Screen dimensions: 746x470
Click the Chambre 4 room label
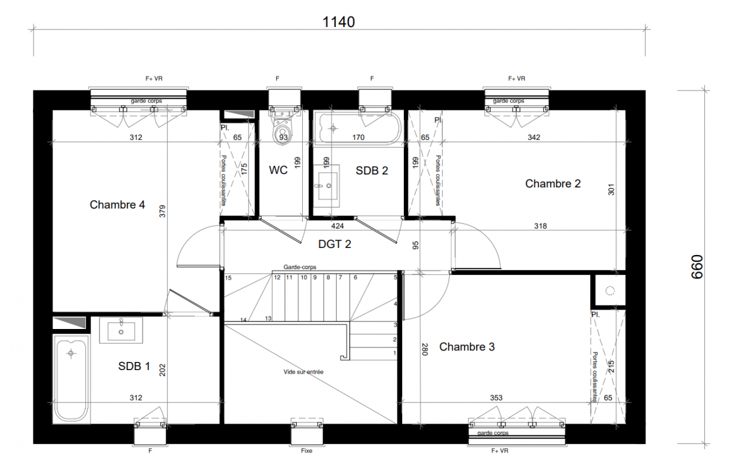[117, 204]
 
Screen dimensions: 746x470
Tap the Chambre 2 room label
[553, 184]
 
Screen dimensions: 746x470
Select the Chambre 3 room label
[467, 347]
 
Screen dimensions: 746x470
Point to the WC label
[278, 170]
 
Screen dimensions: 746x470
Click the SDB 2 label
[372, 171]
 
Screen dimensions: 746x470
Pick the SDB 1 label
[134, 366]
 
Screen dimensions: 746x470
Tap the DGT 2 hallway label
[334, 244]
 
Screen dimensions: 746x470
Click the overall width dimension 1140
[339, 22]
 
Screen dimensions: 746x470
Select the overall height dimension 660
[697, 267]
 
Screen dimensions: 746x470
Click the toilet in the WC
[282, 128]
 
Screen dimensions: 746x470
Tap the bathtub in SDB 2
[359, 129]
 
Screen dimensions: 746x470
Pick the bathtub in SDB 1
[71, 379]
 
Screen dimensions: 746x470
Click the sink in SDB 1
[121, 330]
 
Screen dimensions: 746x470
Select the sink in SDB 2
[326, 186]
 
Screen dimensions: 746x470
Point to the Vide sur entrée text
[303, 372]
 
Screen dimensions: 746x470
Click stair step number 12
[277, 278]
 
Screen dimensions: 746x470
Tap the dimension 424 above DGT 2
[337, 226]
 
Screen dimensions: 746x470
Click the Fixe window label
[307, 451]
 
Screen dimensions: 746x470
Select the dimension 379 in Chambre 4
[162, 211]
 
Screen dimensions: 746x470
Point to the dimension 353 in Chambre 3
[496, 398]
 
